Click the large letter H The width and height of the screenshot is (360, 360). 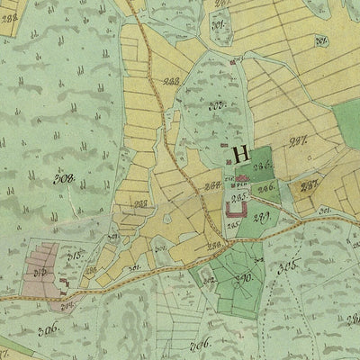(240, 154)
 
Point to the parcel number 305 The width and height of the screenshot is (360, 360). (288, 266)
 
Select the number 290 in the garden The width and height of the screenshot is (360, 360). (242, 279)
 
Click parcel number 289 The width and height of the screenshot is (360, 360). (265, 217)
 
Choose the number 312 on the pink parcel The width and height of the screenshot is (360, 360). (40, 269)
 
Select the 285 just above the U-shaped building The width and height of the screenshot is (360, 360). (240, 197)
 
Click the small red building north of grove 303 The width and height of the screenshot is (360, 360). (236, 61)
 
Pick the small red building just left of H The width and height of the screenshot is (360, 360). (223, 144)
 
